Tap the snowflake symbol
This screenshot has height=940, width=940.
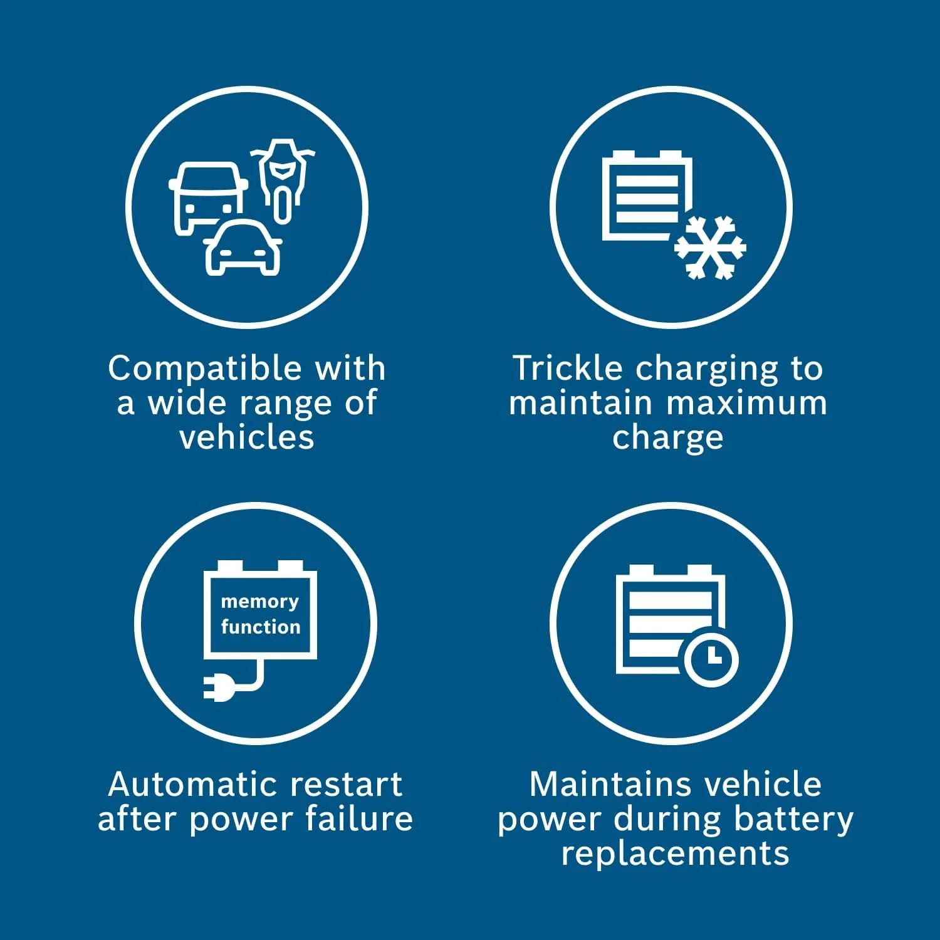tap(710, 248)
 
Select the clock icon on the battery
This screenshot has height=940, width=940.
tap(711, 656)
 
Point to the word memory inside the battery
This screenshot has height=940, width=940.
tap(259, 602)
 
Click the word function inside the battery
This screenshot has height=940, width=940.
tap(261, 626)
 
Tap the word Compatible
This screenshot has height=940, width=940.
tap(205, 369)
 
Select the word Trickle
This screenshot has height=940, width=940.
tap(568, 368)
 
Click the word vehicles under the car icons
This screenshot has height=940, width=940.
tap(246, 437)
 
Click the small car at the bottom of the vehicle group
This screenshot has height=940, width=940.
tap(243, 248)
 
